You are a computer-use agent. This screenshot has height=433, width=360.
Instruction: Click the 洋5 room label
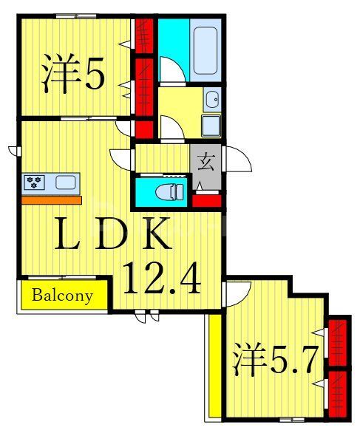tap(74, 73)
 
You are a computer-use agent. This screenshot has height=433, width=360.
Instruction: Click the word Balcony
tap(63, 296)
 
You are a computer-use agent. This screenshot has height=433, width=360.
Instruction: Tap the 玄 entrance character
tap(205, 157)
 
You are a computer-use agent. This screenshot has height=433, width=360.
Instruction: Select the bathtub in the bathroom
tap(207, 50)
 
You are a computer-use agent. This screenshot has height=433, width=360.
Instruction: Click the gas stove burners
tap(34, 181)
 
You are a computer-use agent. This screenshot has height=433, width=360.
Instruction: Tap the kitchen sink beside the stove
tap(64, 182)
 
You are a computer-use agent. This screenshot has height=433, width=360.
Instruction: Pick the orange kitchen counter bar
tap(51, 200)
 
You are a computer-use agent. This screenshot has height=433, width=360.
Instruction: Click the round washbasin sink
tap(213, 98)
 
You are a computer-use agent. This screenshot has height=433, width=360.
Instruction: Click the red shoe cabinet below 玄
tap(206, 198)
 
